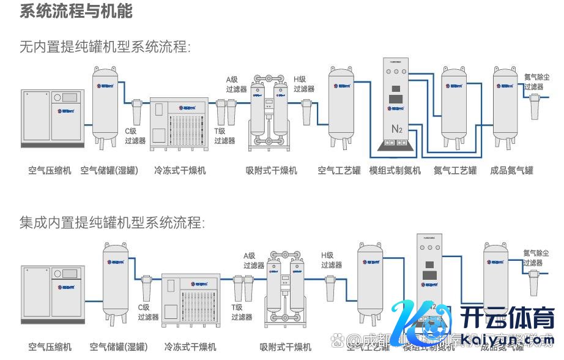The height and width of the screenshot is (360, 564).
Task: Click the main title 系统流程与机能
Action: [76, 12]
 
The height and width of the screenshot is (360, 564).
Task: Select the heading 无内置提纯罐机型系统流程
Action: [105, 47]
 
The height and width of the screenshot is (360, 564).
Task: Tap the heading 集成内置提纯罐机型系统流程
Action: [111, 222]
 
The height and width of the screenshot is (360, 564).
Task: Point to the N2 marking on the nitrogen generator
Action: [397, 129]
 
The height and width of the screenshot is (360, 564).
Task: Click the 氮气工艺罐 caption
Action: [455, 170]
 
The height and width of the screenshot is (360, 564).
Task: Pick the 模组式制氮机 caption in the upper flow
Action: [395, 170]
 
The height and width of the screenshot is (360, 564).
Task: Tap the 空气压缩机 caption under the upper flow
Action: [50, 170]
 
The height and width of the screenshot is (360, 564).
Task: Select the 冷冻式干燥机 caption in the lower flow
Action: [190, 347]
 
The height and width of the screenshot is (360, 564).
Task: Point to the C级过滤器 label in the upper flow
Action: [135, 136]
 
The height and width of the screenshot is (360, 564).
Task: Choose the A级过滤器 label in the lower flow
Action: [253, 261]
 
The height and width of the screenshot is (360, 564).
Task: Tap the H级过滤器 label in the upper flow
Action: [303, 84]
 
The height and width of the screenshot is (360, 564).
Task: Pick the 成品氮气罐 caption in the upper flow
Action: [511, 170]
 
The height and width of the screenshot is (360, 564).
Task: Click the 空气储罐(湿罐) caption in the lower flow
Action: [119, 347]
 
